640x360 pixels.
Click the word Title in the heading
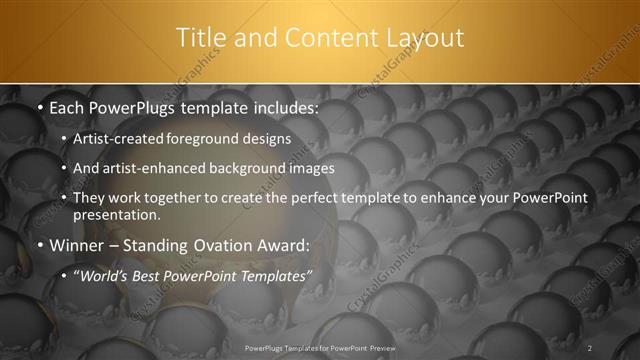coord(200,38)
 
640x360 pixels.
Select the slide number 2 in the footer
coord(590,348)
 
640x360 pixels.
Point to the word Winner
coord(78,244)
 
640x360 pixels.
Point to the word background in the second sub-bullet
coord(246,168)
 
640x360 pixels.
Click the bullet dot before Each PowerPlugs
coord(39,106)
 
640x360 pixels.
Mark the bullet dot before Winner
coord(39,245)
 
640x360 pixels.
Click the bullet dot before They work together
coord(64,199)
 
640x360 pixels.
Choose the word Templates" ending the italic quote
coord(276,274)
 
